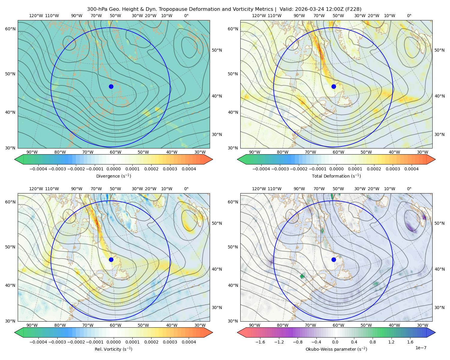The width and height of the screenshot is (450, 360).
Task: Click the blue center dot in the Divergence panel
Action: pyautogui.click(x=111, y=86)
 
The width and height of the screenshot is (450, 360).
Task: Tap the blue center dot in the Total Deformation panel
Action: pyautogui.click(x=334, y=86)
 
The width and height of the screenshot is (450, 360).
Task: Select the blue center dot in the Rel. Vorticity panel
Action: pyautogui.click(x=111, y=259)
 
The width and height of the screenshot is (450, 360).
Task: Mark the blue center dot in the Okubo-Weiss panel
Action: pyautogui.click(x=334, y=259)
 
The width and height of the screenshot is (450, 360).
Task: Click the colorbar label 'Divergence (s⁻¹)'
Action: pyautogui.click(x=113, y=176)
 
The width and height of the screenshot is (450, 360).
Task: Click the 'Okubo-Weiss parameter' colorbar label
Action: pyautogui.click(x=330, y=349)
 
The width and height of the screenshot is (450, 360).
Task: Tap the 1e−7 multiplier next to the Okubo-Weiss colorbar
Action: pyautogui.click(x=421, y=348)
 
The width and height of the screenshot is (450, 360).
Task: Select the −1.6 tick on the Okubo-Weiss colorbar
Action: pyautogui.click(x=260, y=342)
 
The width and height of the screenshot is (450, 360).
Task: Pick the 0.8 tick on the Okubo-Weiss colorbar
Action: pyautogui.click(x=373, y=342)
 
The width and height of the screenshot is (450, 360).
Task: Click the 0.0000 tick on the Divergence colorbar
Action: pyautogui.click(x=113, y=169)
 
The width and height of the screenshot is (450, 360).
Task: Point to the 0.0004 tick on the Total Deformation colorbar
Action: pyautogui.click(x=412, y=169)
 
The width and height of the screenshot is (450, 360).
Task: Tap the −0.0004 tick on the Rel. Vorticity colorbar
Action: pyautogui.click(x=38, y=342)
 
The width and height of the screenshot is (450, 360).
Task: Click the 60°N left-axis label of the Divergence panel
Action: pyautogui.click(x=10, y=29)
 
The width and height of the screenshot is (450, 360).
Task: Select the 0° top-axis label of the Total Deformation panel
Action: pyautogui.click(x=409, y=16)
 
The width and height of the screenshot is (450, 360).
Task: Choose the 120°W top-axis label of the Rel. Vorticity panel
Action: pyautogui.click(x=36, y=189)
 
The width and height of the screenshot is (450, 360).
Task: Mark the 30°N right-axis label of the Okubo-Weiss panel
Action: pyautogui.click(x=439, y=307)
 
